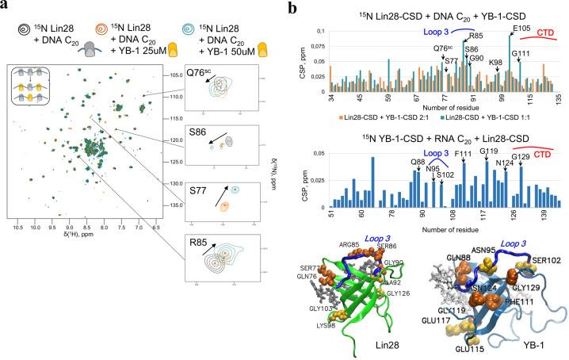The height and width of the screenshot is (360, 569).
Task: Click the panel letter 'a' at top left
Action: coord(6,8)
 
